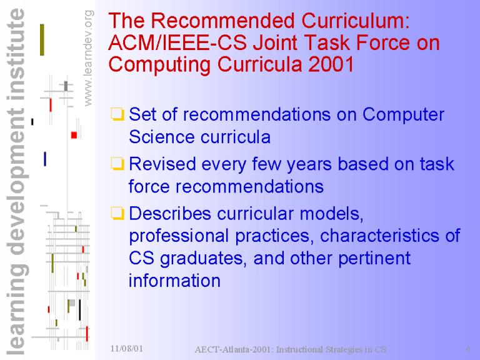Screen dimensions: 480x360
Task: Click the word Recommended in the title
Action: pyautogui.click(x=224, y=21)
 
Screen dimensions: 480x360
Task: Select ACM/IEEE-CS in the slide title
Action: pyautogui.click(x=177, y=42)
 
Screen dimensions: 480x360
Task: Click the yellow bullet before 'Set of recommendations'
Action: pyautogui.click(x=117, y=114)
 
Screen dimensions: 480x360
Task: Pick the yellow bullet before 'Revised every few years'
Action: pyautogui.click(x=117, y=164)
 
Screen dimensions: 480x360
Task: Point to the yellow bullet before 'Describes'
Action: pyautogui.click(x=117, y=213)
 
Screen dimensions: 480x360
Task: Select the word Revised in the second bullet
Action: pyautogui.click(x=162, y=164)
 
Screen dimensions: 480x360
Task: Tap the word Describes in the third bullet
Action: pyautogui.click(x=170, y=213)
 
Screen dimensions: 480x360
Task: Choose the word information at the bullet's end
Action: pyautogui.click(x=174, y=281)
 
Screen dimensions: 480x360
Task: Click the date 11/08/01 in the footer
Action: pyautogui.click(x=126, y=348)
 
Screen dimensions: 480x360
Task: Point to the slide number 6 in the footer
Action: pyautogui.click(x=468, y=349)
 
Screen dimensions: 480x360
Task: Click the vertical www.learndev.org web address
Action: pyautogui.click(x=87, y=58)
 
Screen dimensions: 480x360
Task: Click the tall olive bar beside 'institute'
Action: pyautogui.click(x=42, y=40)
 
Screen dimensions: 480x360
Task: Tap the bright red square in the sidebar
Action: pyautogui.click(x=74, y=135)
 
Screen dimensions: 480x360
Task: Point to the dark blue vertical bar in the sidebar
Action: pyautogui.click(x=45, y=159)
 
